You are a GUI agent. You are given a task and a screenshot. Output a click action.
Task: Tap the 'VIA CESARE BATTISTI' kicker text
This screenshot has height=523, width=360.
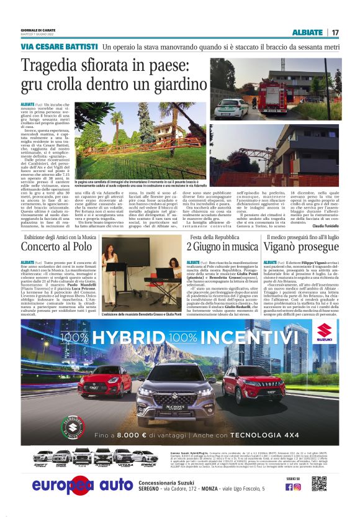pyautogui.click(x=59, y=47)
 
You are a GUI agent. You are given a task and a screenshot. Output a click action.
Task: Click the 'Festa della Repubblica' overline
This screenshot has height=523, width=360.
pyautogui.click(x=214, y=237)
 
